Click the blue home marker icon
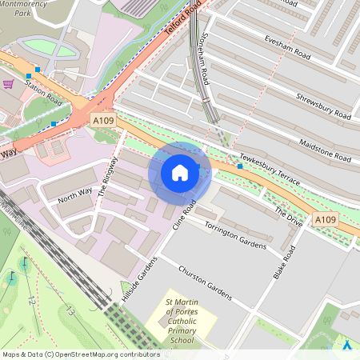180,173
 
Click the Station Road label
42,92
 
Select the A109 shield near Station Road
102,119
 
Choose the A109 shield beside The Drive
325,219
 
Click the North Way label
75,194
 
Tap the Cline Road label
185,215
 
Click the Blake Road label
284,262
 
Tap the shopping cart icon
8,83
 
